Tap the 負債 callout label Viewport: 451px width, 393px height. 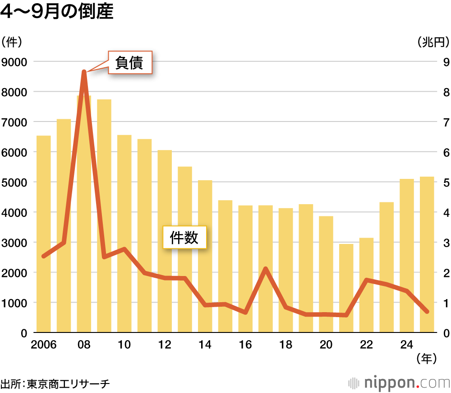129,63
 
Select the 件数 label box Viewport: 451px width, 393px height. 184,238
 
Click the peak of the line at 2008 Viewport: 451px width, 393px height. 84,72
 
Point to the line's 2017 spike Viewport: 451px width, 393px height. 266,269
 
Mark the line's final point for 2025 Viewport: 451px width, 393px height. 427,311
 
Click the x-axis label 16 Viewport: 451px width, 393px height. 245,345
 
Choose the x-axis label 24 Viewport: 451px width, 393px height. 407,345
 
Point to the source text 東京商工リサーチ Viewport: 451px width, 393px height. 68,384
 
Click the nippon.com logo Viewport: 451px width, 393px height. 399,383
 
